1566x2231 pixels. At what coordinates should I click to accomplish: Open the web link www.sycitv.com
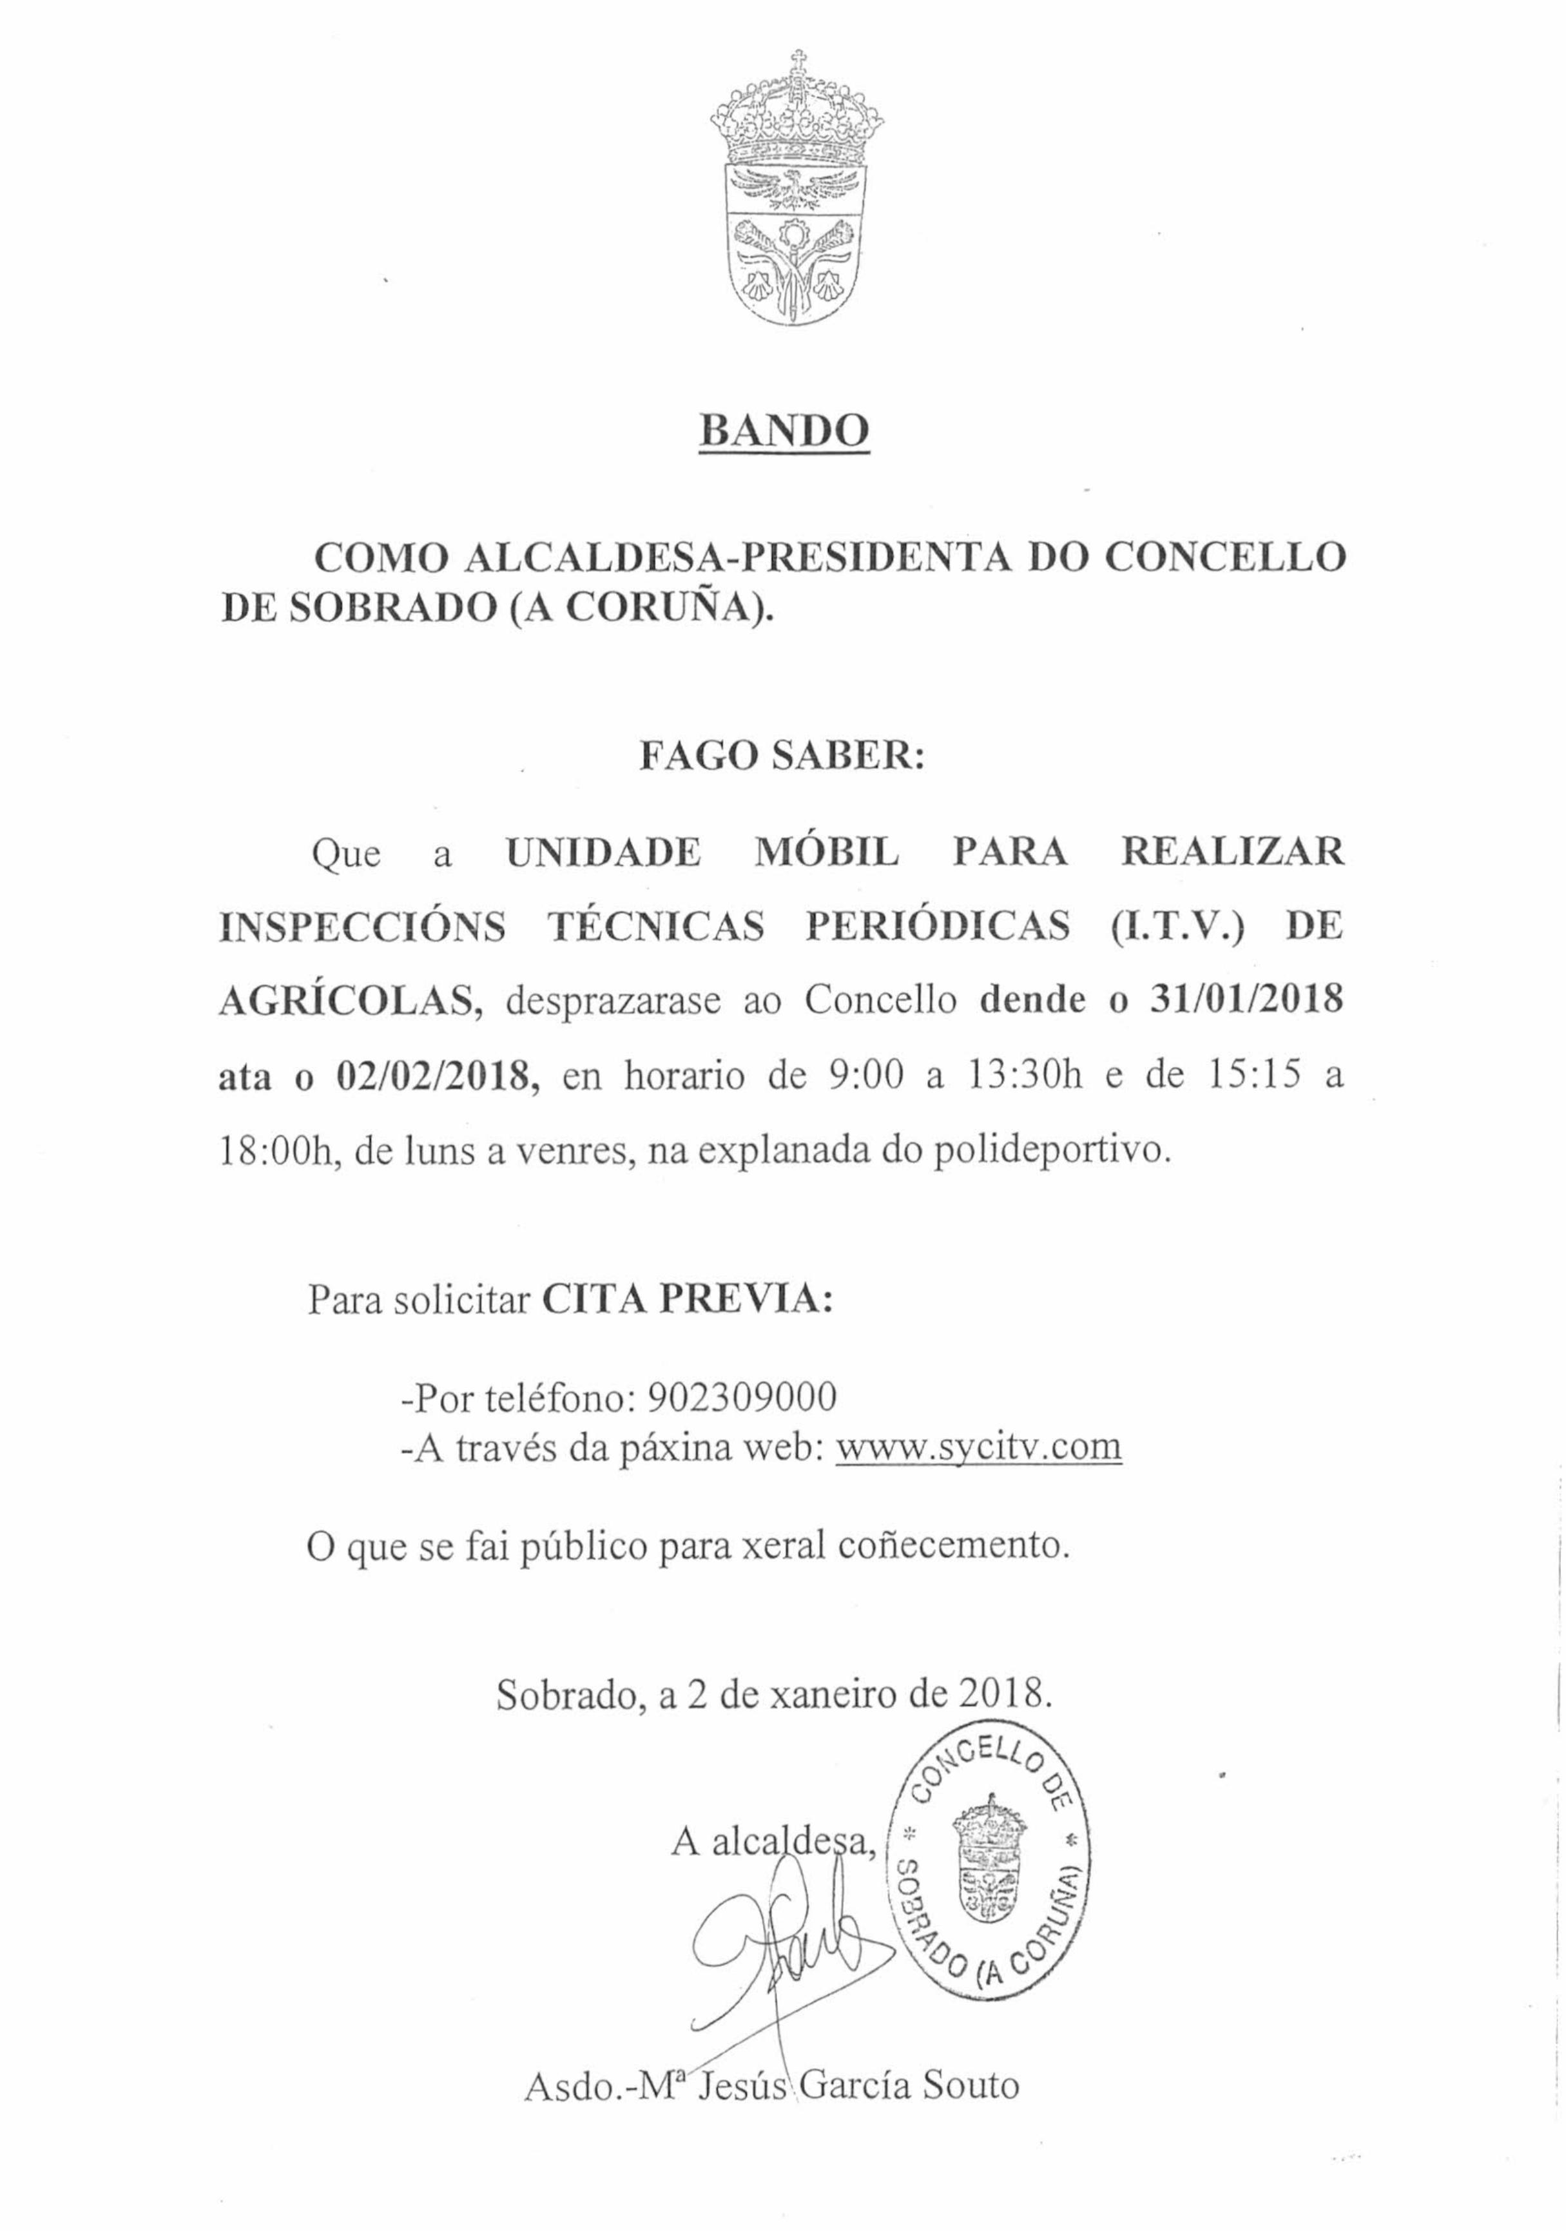tap(978, 1448)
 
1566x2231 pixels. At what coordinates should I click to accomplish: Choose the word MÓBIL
tap(827, 852)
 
